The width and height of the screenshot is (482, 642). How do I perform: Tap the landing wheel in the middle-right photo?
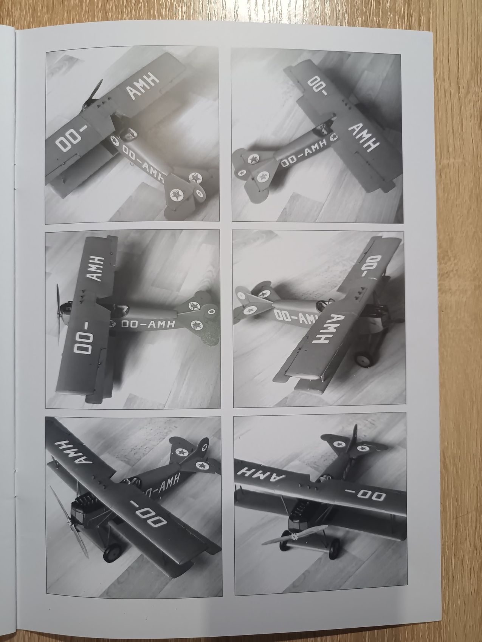pyautogui.click(x=365, y=355)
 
